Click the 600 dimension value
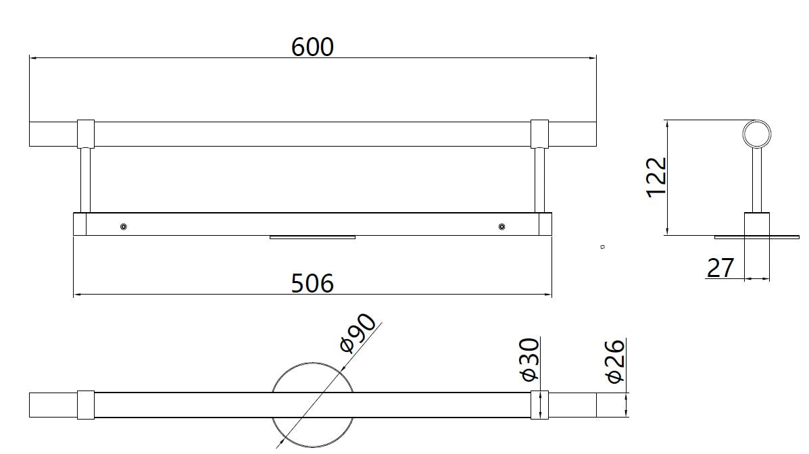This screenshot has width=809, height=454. tap(312, 47)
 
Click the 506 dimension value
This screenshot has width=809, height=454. tap(312, 283)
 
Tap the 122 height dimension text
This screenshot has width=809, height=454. tap(657, 177)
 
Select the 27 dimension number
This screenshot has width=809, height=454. tap(720, 268)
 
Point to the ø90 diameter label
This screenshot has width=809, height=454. tap(358, 334)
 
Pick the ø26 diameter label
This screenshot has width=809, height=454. tap(616, 361)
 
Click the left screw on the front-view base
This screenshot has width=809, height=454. tap(123, 227)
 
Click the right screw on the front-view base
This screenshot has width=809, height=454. tap(501, 227)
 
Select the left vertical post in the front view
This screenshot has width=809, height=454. tap(86, 180)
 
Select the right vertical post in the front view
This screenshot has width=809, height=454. tap(539, 180)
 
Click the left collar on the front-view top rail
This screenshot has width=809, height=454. tap(86, 134)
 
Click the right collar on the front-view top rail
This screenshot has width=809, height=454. tap(539, 134)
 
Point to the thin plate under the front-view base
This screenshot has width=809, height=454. tap(312, 237)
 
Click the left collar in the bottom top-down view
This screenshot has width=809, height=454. tap(86, 405)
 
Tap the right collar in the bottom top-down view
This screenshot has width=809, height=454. tap(539, 405)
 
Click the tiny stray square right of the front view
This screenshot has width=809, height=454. tap(602, 247)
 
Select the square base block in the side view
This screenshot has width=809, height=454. tap(756, 224)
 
